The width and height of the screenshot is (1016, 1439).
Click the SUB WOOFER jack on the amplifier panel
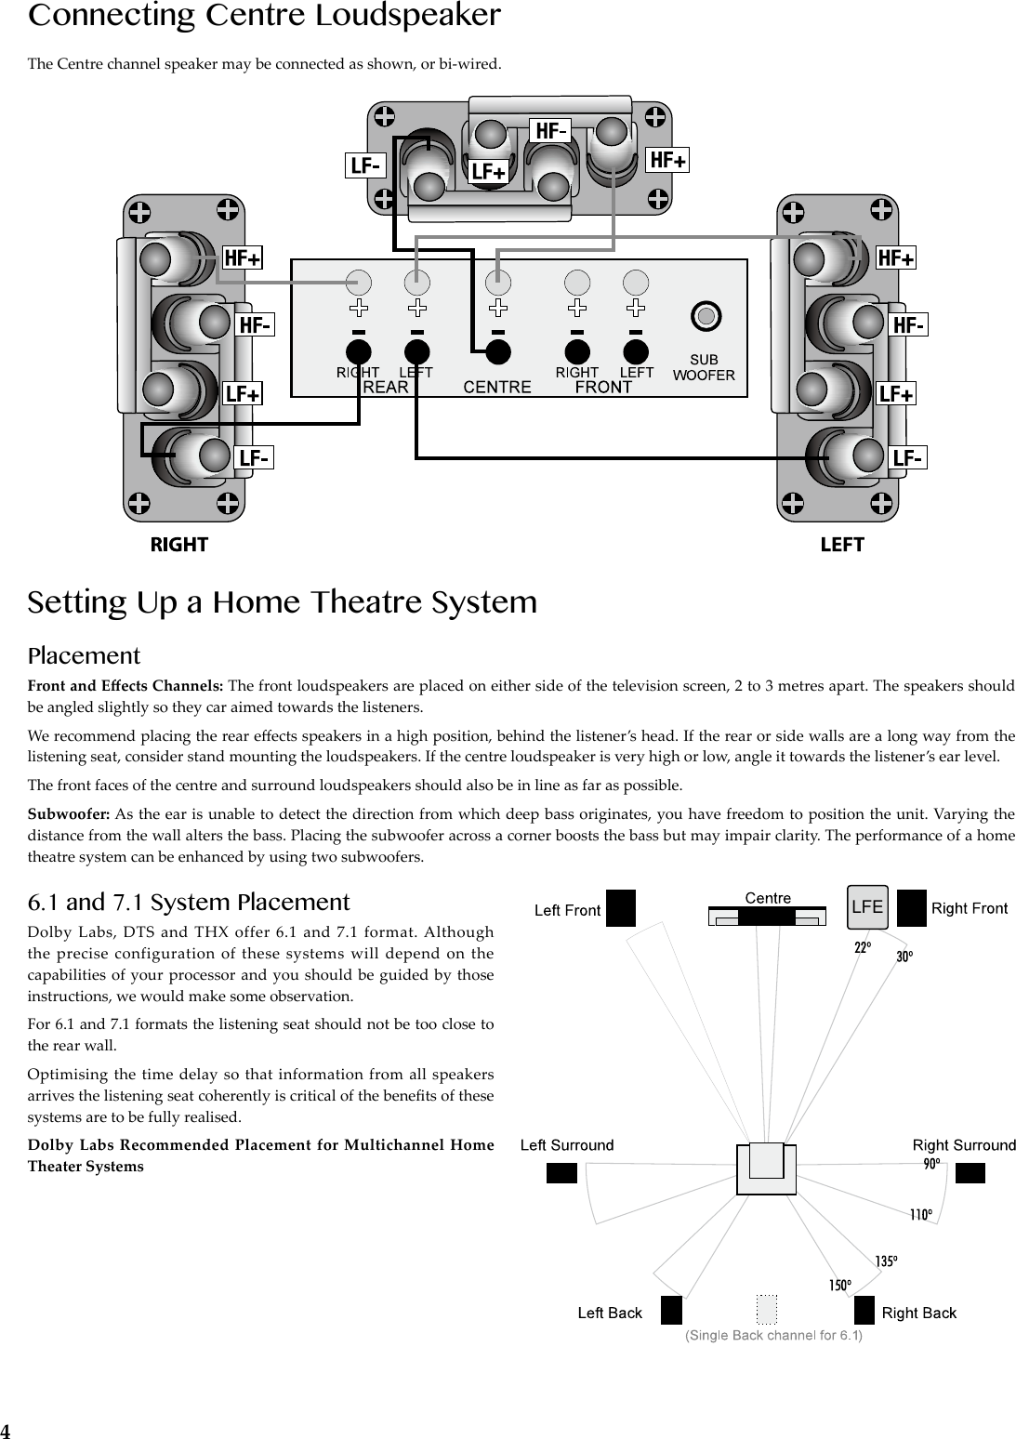point(706,316)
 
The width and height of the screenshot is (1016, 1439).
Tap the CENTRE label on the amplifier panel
point(497,388)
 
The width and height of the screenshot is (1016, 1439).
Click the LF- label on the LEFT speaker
point(907,458)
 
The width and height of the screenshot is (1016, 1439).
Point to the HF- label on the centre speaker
point(550,132)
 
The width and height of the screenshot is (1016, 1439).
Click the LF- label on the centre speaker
point(365,165)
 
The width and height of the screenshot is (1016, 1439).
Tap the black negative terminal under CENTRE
point(498,351)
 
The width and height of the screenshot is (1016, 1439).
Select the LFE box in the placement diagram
point(867,907)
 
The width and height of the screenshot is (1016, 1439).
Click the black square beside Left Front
point(620,908)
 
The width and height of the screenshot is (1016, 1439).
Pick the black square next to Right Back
point(864,1310)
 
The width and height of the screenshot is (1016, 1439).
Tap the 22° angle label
point(863,947)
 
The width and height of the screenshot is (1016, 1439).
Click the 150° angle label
point(839,1286)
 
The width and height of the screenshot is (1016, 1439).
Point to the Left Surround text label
point(567,1145)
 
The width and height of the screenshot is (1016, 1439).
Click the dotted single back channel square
point(766,1308)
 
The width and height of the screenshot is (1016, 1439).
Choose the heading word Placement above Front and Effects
point(84,656)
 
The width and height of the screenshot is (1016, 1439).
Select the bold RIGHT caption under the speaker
point(179,545)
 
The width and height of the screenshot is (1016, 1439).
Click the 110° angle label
point(920,1214)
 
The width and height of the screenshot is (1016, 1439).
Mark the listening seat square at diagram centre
point(767,1168)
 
